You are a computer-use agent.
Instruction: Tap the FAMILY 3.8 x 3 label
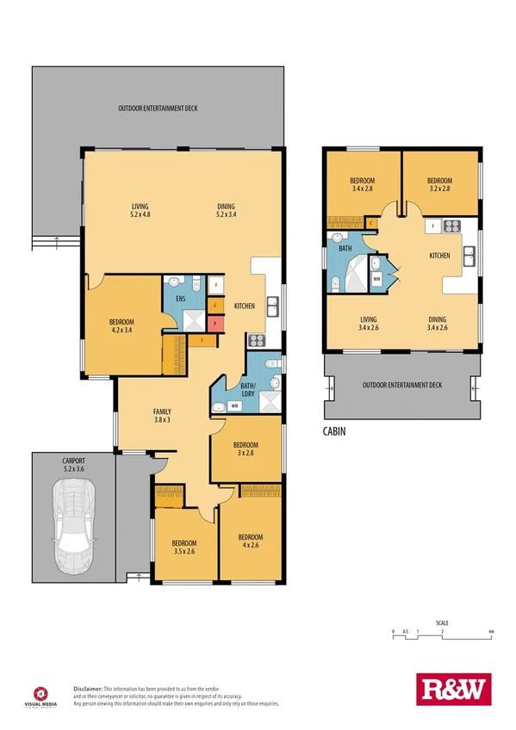(x=162, y=415)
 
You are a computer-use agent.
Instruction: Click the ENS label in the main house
(x=180, y=299)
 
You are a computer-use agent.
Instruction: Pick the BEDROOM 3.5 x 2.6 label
(x=184, y=547)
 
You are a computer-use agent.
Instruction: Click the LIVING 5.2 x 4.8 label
(x=140, y=211)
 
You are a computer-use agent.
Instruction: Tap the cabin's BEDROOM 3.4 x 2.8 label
(x=364, y=184)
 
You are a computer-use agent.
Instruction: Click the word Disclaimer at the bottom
(x=88, y=690)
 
